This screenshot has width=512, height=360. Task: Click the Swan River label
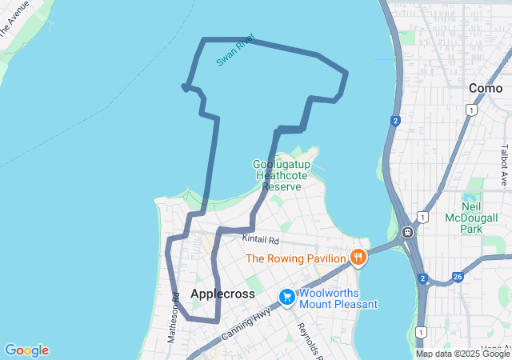coord(234,50)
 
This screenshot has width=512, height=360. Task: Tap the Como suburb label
coord(486,88)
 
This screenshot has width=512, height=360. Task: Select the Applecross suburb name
coord(222,294)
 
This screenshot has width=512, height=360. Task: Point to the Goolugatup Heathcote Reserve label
coord(278,175)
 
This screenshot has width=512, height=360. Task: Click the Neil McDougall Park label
coord(482,218)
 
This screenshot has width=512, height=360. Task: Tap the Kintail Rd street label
coord(262,239)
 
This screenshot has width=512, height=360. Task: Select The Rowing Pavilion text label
coord(295,258)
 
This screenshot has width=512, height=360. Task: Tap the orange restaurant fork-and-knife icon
coord(358,258)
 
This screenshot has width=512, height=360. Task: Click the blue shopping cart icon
coord(286,298)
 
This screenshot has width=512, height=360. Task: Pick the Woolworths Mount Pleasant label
coord(338,298)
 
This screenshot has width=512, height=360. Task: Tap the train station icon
coord(407,233)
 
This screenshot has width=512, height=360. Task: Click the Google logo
coord(26,350)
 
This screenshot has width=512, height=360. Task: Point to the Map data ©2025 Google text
coord(462,354)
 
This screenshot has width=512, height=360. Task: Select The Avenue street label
coord(14,18)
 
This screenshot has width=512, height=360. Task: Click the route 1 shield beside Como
coord(474,110)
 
